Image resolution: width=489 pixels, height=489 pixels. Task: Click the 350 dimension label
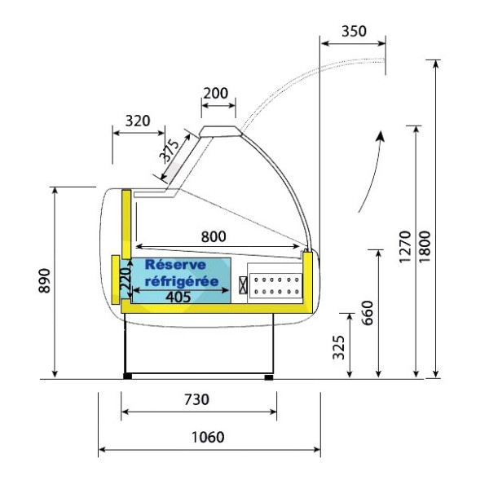click(354, 31)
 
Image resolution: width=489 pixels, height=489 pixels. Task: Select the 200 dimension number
click(216, 93)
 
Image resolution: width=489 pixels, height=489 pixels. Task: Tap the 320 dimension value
click(138, 121)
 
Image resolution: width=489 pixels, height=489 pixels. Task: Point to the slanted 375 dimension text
click(170, 151)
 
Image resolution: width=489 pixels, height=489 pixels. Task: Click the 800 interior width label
click(214, 236)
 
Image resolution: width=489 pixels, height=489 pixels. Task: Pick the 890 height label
click(45, 280)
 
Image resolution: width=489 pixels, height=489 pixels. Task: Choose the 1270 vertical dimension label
click(405, 247)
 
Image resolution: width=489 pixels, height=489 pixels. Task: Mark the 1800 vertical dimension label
click(424, 247)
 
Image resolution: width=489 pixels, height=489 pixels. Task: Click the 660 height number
click(368, 313)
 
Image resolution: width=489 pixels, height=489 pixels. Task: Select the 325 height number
click(339, 347)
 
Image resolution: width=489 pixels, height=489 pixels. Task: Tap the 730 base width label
click(196, 399)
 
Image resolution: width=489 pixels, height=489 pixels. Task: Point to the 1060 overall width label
click(208, 437)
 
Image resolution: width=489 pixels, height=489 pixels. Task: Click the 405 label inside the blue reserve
click(178, 297)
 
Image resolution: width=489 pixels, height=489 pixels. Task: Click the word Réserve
click(175, 265)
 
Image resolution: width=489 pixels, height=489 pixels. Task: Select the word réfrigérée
click(182, 282)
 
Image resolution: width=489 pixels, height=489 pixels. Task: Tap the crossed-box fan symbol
click(243, 285)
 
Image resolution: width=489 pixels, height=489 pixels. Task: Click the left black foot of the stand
click(128, 377)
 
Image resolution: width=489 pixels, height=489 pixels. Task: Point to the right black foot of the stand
click(269, 377)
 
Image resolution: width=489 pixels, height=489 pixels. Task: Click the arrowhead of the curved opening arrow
click(380, 136)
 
